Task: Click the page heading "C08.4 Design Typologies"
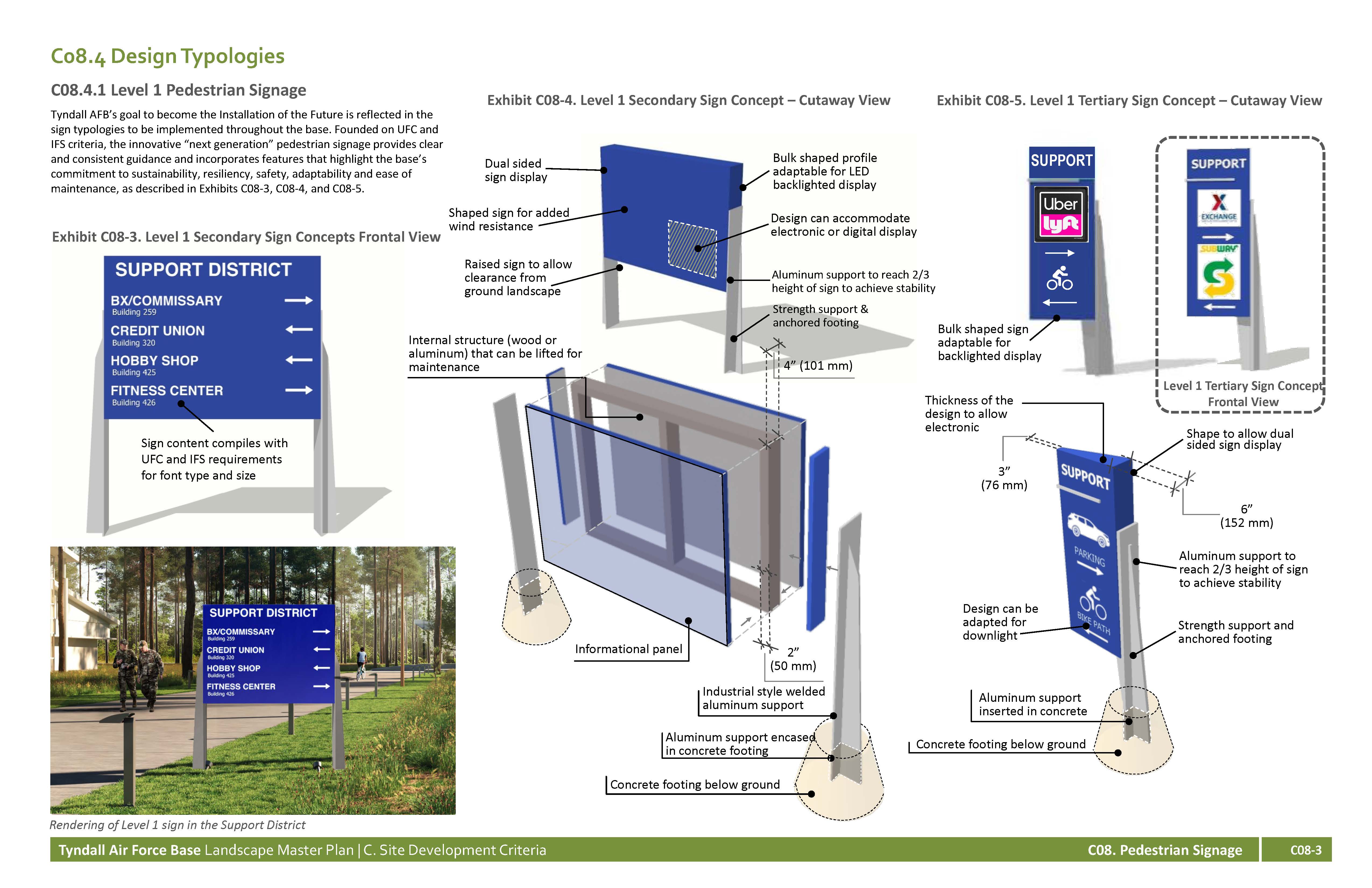tap(168, 56)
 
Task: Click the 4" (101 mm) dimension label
tap(818, 366)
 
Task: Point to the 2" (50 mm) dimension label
tap(793, 659)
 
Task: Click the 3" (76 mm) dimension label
tap(1004, 478)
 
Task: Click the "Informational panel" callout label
tap(628, 649)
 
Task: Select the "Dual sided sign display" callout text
tap(516, 170)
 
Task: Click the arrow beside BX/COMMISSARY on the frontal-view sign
tap(299, 300)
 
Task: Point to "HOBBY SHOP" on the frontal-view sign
tap(154, 360)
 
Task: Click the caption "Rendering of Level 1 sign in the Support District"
tap(178, 825)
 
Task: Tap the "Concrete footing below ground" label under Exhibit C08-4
tap(695, 785)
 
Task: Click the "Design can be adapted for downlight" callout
tap(1000, 622)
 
